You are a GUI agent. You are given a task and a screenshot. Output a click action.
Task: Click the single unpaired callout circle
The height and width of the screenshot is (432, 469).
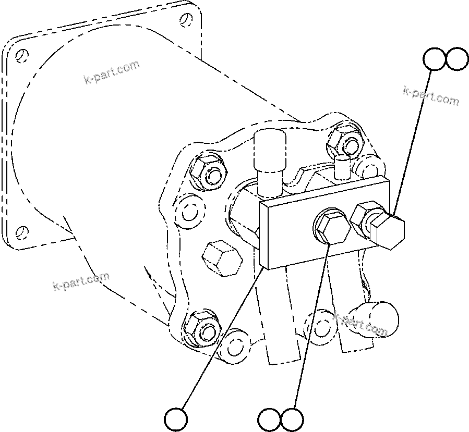(175, 418)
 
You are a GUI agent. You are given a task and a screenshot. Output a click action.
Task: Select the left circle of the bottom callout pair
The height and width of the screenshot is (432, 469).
(269, 418)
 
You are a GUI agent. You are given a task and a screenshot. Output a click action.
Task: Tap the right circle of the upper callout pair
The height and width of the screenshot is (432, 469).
(458, 59)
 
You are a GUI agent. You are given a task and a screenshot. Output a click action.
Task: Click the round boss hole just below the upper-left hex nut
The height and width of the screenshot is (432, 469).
(188, 212)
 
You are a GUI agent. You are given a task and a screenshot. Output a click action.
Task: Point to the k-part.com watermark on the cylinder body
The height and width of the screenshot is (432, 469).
(111, 72)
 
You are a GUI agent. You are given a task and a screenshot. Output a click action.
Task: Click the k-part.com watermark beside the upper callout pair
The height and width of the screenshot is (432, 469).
(431, 95)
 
